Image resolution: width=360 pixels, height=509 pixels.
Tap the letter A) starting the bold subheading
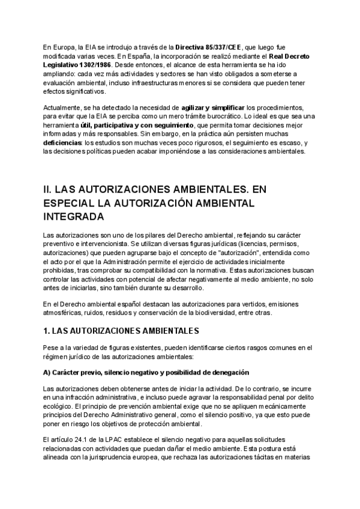click(x=48, y=372)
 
